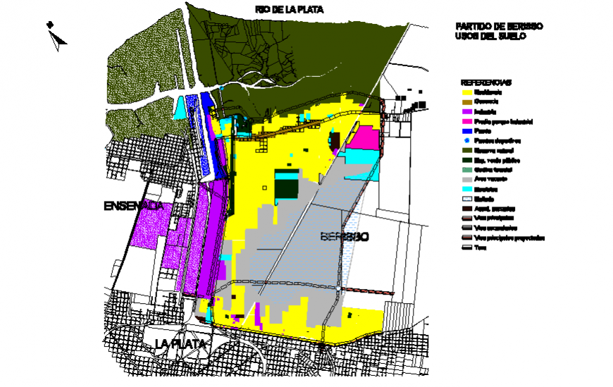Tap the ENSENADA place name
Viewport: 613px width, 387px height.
point(133,206)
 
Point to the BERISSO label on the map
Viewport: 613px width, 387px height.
point(344,237)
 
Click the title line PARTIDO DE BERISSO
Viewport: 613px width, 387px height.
point(500,26)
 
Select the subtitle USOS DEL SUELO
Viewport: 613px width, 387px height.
point(490,36)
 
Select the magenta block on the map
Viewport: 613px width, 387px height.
point(364,139)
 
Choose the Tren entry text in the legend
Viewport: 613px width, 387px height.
point(481,248)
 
